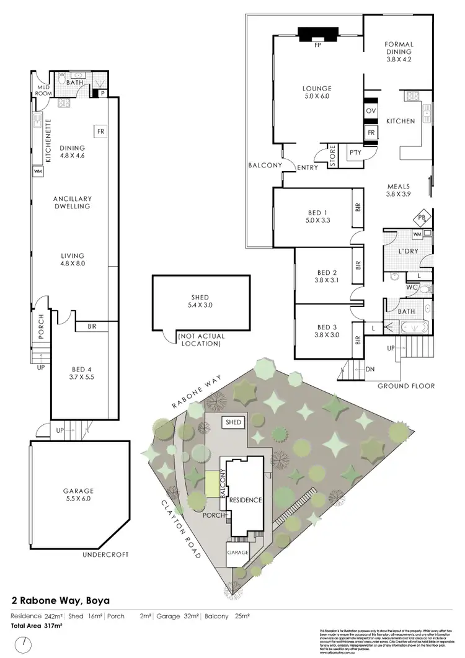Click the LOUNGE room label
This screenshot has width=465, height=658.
tap(317, 92)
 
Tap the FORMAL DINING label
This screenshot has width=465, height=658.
tap(399, 48)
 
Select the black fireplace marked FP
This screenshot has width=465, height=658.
tap(317, 35)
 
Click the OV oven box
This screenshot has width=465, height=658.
tap(371, 110)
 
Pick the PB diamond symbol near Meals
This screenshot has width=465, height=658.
tap(422, 217)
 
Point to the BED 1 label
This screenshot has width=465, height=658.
tap(317, 216)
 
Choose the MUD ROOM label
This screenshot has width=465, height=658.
tap(42, 91)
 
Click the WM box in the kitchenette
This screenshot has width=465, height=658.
tap(38, 171)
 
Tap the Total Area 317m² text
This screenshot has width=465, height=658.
tap(37, 626)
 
